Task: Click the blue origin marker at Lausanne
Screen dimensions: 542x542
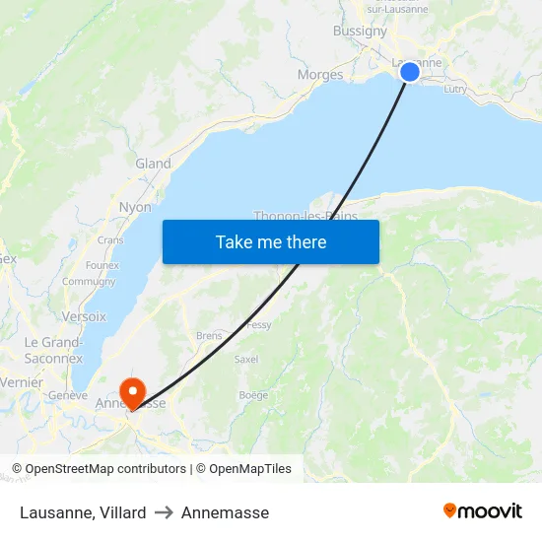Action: pyautogui.click(x=410, y=71)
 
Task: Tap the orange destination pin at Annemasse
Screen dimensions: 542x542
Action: pyautogui.click(x=131, y=392)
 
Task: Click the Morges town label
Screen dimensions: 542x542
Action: pyautogui.click(x=320, y=75)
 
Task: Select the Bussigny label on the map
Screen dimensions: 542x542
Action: pyautogui.click(x=360, y=31)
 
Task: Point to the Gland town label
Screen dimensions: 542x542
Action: pyautogui.click(x=153, y=164)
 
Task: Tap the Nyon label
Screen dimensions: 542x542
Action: pyautogui.click(x=135, y=208)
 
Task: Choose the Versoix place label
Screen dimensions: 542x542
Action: pyautogui.click(x=84, y=316)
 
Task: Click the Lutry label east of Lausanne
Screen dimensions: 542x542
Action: pyautogui.click(x=455, y=89)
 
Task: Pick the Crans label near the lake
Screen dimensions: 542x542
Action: pyautogui.click(x=110, y=239)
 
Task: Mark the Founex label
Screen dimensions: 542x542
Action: pyautogui.click(x=102, y=265)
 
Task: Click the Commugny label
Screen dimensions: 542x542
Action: pyautogui.click(x=89, y=281)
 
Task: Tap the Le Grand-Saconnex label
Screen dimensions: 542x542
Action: pyautogui.click(x=53, y=350)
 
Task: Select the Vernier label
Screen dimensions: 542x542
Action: pyautogui.click(x=22, y=382)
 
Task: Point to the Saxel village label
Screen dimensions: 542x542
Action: pyautogui.click(x=246, y=360)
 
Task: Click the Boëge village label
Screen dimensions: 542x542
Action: pyautogui.click(x=253, y=395)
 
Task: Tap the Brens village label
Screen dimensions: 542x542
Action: pyautogui.click(x=209, y=335)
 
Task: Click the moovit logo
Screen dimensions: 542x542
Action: pyautogui.click(x=483, y=511)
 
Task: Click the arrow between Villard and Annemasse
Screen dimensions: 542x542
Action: pyautogui.click(x=164, y=512)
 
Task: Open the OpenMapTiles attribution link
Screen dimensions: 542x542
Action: pyautogui.click(x=243, y=469)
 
